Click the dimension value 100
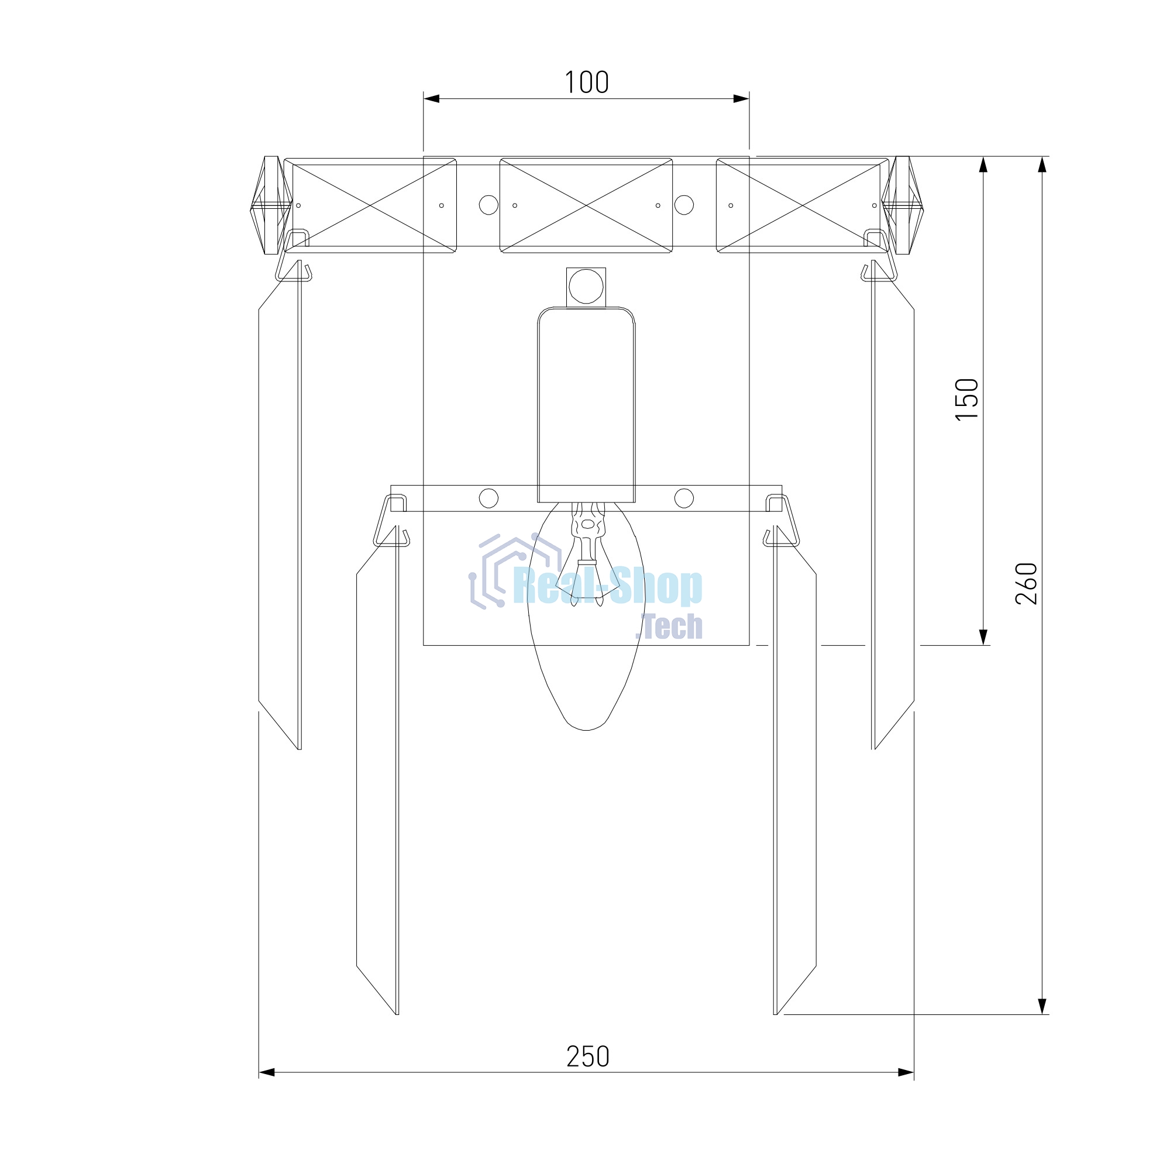point(586,82)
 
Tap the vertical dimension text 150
point(966,399)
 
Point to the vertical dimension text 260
point(1026,584)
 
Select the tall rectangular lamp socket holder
point(586,405)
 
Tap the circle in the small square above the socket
point(586,287)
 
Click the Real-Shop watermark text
point(607,587)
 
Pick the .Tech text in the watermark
point(669,626)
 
